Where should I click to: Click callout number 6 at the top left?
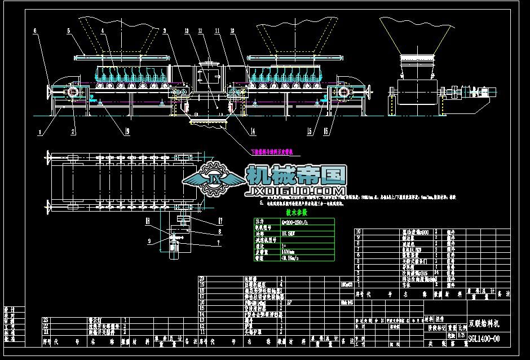(34, 30)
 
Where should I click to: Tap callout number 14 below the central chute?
(252, 131)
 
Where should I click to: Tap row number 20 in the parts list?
(202, 279)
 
